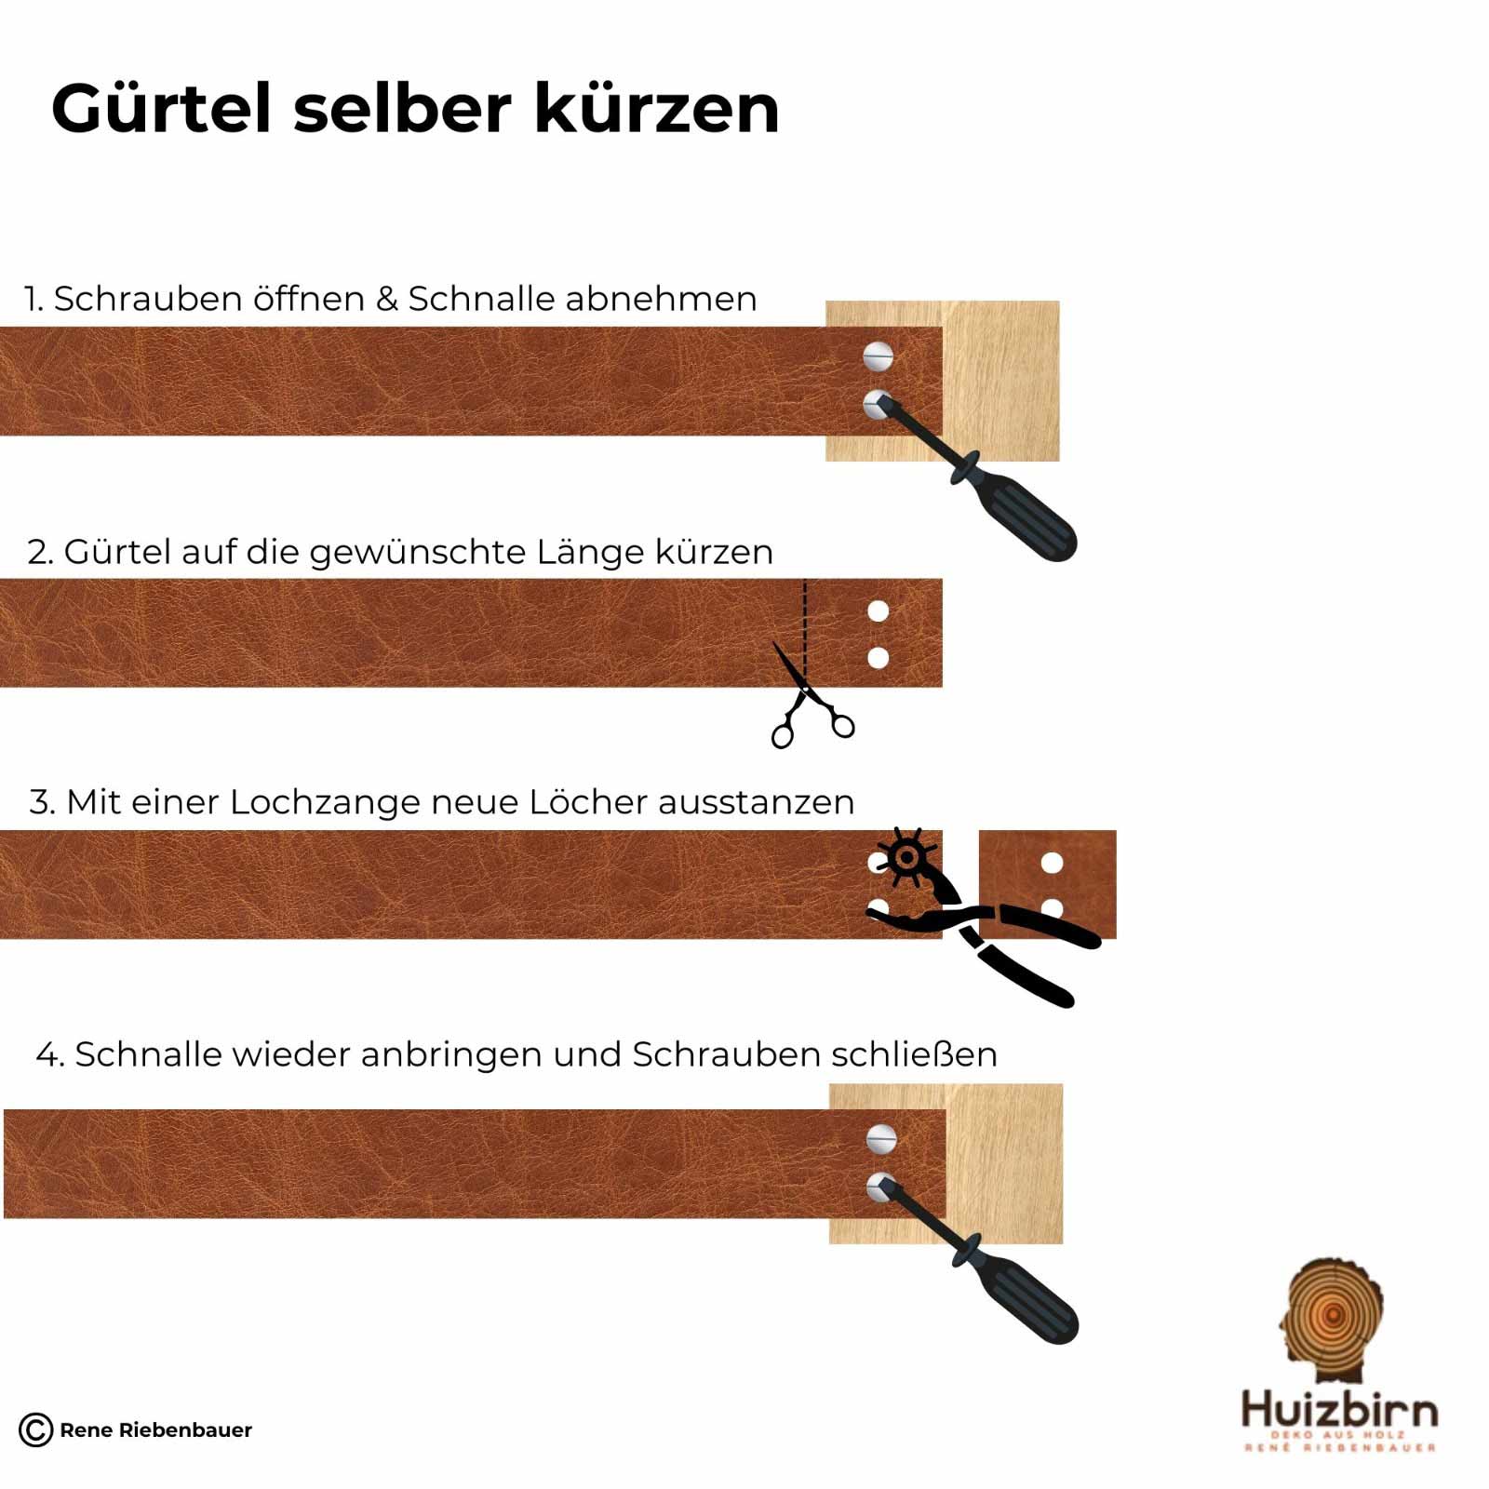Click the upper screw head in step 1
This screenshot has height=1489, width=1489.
(878, 355)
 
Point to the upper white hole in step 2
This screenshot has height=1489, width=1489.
(878, 611)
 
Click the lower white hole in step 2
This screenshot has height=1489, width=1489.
(878, 658)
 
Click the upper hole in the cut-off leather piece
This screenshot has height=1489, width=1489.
(1052, 863)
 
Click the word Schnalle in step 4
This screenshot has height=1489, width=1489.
(149, 1054)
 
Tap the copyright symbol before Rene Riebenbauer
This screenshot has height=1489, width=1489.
(35, 1429)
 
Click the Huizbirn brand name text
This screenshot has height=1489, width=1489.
(1339, 1410)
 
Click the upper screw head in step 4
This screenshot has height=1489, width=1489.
(880, 1137)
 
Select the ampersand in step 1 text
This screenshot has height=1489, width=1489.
(387, 300)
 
